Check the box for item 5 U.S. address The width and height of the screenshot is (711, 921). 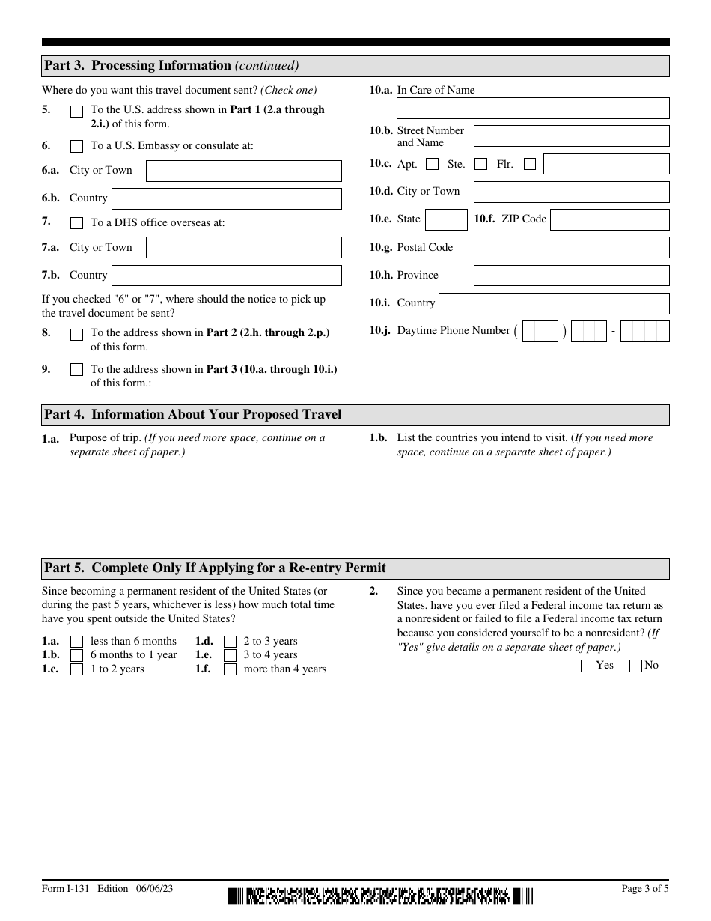[76, 112]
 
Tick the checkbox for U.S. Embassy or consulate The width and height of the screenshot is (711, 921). [76, 147]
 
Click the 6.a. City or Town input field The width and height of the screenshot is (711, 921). [243, 171]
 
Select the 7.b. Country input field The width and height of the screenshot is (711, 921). [226, 276]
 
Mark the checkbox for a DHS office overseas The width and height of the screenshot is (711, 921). [76, 223]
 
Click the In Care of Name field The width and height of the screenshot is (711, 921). [532, 109]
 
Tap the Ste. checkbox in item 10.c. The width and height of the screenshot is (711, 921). [481, 164]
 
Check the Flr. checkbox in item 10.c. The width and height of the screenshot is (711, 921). [530, 164]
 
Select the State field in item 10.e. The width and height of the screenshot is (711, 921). [446, 220]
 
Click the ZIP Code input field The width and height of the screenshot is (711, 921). [609, 220]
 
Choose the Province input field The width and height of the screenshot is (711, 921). [571, 276]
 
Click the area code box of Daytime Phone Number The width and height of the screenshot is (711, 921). [540, 332]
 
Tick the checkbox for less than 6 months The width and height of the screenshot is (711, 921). [76, 642]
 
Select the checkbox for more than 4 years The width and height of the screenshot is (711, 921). [231, 669]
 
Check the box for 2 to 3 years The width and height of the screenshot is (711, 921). [231, 642]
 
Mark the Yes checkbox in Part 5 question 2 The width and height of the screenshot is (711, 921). [588, 666]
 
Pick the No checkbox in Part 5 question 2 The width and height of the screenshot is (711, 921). [636, 666]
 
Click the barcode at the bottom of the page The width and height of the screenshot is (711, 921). [381, 895]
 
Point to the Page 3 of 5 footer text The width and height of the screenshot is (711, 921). [645, 889]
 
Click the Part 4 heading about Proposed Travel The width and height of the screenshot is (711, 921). [193, 415]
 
